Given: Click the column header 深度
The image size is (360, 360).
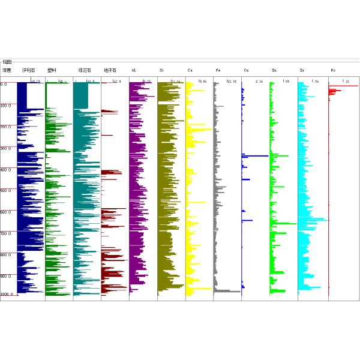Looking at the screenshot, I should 7,70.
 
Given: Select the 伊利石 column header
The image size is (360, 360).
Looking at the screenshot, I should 28,70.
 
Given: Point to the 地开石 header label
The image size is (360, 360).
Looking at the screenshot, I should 110,70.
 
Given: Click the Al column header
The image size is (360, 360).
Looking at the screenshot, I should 134,70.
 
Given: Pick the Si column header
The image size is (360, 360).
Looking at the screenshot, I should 162,70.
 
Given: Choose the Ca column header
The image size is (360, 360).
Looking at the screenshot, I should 190,70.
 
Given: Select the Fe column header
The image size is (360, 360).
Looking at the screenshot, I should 218,70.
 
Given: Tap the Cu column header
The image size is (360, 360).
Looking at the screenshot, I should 247,70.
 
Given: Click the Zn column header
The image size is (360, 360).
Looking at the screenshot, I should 274,70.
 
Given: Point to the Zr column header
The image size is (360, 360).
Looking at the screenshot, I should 302,70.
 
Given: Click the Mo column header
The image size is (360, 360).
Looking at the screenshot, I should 334,70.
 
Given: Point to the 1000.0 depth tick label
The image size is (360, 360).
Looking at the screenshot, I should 6,295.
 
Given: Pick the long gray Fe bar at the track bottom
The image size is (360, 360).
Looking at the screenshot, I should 227,291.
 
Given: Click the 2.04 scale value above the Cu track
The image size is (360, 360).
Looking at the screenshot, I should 259,81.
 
